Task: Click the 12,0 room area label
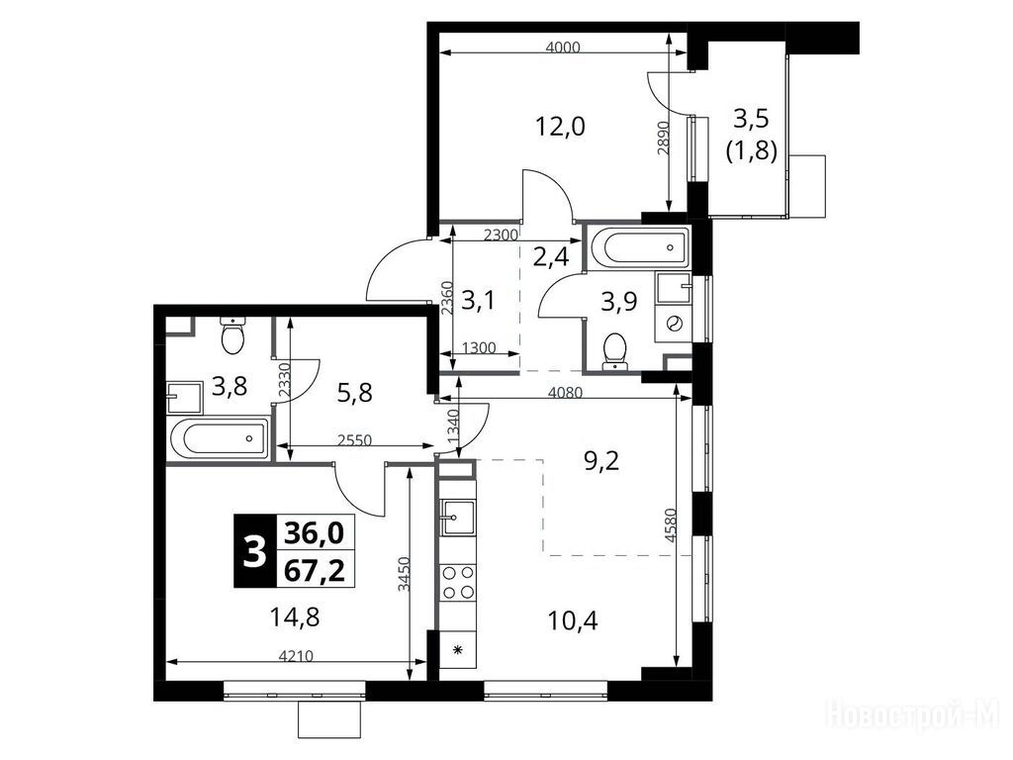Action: pos(561,127)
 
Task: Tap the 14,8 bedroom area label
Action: pos(295,617)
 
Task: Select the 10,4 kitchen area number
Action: pos(573,621)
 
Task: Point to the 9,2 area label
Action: pos(601,461)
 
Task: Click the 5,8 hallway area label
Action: pos(355,392)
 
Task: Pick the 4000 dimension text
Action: pos(563,47)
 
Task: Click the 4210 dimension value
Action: pos(296,657)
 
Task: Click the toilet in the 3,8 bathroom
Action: pos(231,334)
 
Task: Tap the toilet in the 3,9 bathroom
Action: pos(614,352)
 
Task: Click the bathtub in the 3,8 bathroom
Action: pos(219,438)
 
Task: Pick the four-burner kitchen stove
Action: pos(457,582)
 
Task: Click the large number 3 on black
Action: pos(254,552)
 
